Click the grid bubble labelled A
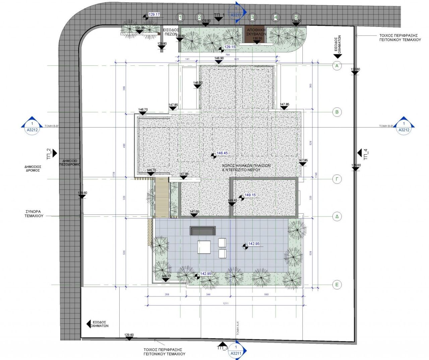[337, 66]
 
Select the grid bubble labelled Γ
[337, 179]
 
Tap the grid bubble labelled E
[337, 285]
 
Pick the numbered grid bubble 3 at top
[252, 17]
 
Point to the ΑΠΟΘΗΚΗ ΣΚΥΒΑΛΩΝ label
[256, 32]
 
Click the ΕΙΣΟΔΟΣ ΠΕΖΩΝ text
[171, 32]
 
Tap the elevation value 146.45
[222, 153]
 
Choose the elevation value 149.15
[250, 195]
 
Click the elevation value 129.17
[154, 15]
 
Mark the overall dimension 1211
[226, 304]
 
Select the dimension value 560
[266, 295]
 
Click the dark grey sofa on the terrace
[203, 230]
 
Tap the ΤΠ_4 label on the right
[366, 154]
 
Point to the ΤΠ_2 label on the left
[49, 154]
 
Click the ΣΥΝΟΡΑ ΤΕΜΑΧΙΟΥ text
[34, 214]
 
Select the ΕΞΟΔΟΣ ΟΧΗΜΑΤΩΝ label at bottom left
[100, 324]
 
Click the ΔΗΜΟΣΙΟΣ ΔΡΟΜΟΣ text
[33, 168]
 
